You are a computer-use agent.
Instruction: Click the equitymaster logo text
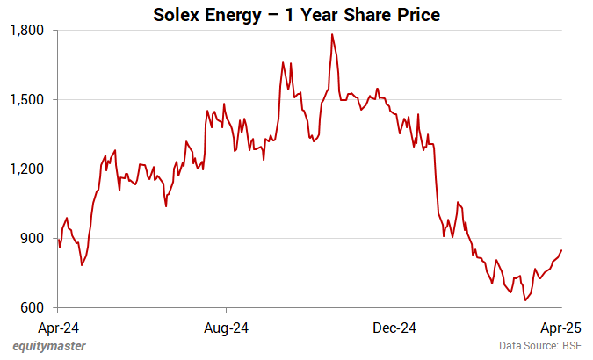49,346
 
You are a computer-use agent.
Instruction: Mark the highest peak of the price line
332,34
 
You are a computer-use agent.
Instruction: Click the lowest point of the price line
525,300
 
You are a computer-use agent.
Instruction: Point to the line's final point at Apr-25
561,250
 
